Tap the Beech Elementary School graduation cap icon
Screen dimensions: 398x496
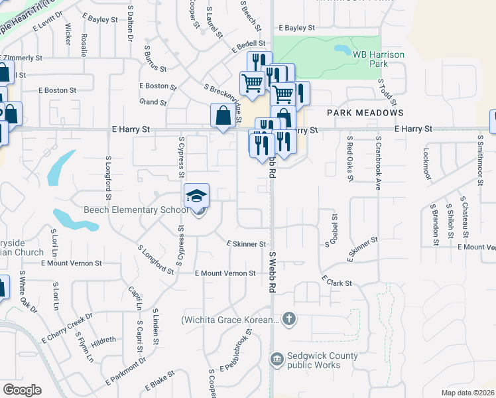click(197, 196)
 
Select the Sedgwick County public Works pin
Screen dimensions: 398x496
click(277, 360)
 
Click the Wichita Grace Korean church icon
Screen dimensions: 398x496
click(288, 320)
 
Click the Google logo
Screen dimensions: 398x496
click(22, 390)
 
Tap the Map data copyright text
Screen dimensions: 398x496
click(467, 393)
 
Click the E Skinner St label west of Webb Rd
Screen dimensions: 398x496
click(246, 244)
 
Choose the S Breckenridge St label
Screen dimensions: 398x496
click(225, 94)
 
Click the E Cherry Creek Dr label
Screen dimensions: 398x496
click(67, 327)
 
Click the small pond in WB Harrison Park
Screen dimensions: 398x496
click(343, 50)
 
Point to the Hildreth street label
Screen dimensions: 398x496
click(104, 340)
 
